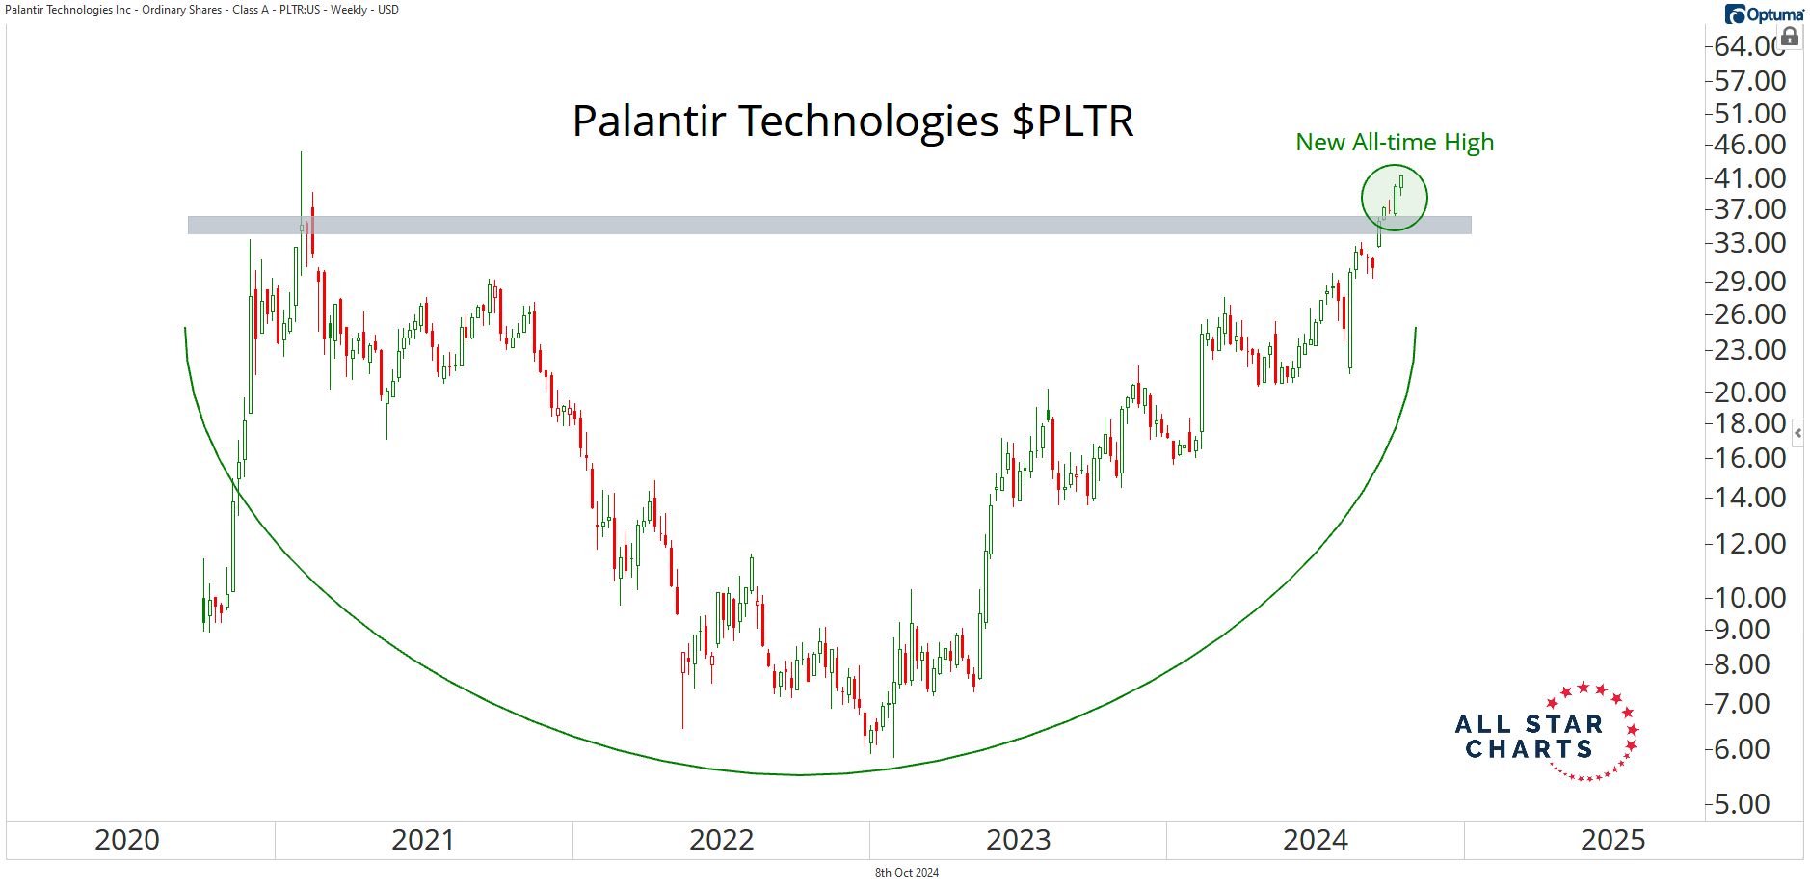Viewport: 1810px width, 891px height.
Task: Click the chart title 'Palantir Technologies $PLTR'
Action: pyautogui.click(x=853, y=121)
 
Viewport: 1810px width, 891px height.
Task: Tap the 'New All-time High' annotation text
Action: pyautogui.click(x=1395, y=143)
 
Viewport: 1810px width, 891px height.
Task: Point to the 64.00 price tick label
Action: pyautogui.click(x=1748, y=46)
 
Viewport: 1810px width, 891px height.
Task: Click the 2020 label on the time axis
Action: pyautogui.click(x=127, y=840)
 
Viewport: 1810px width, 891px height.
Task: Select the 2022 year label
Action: pyautogui.click(x=722, y=840)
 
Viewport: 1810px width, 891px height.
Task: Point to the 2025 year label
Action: pyautogui.click(x=1613, y=840)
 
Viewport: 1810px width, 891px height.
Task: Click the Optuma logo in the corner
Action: pyautogui.click(x=1764, y=14)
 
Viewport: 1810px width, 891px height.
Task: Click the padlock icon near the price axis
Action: pyautogui.click(x=1790, y=37)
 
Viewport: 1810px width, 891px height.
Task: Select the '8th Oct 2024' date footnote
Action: pyautogui.click(x=907, y=873)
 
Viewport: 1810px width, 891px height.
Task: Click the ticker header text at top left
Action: pyautogui.click(x=201, y=10)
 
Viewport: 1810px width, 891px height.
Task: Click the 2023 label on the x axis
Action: pyautogui.click(x=1019, y=840)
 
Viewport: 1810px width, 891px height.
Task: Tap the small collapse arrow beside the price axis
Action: pyautogui.click(x=1798, y=433)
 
